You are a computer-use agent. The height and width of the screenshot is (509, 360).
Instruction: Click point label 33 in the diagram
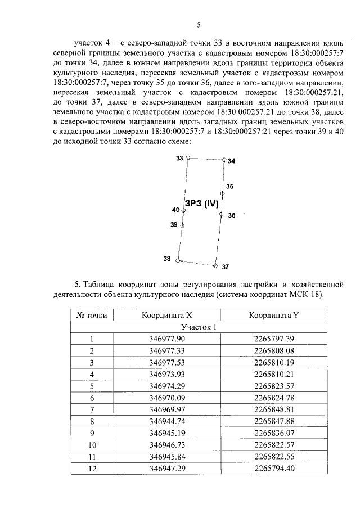tap(179, 159)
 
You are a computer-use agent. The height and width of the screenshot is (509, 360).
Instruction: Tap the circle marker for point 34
tap(223, 160)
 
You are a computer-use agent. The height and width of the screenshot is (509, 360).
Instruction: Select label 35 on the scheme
tap(229, 186)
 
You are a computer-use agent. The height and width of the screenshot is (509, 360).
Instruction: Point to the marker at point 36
tap(221, 214)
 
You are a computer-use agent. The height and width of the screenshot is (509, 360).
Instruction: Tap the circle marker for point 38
tap(178, 260)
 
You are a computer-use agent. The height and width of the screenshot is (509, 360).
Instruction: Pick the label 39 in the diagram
tap(174, 224)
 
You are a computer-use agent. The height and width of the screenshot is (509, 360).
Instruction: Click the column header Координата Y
tap(273, 315)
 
